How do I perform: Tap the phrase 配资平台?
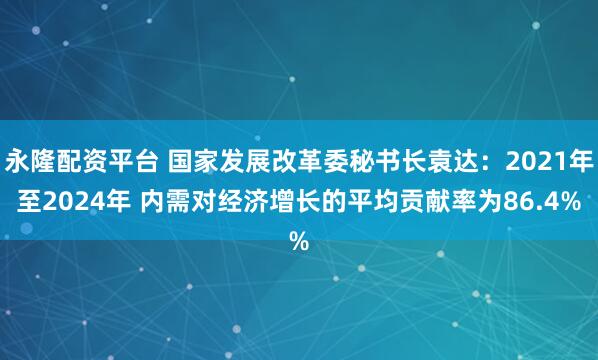click(x=108, y=159)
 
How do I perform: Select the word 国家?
click(x=192, y=159)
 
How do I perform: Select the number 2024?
click(x=67, y=200)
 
